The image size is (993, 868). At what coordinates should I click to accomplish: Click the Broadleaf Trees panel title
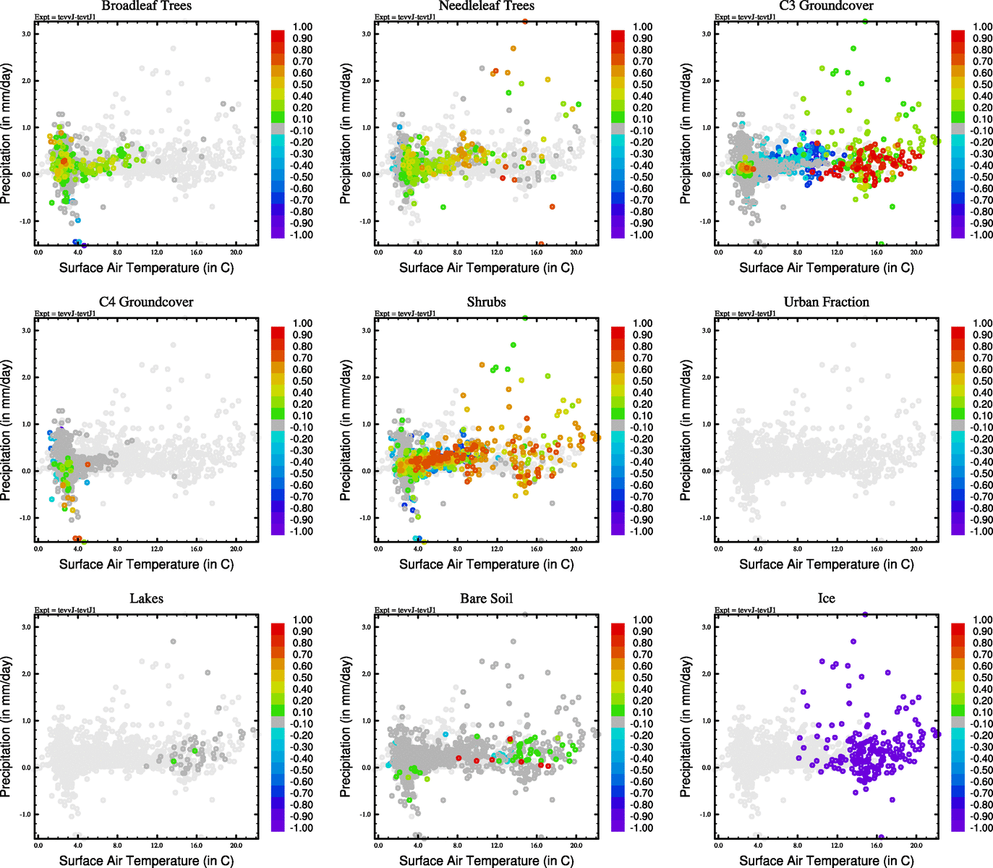pos(146,6)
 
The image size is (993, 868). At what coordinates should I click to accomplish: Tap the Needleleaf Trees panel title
pos(486,6)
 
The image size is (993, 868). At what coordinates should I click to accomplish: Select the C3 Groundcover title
pos(826,6)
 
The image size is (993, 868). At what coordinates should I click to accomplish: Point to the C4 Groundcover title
pos(146,302)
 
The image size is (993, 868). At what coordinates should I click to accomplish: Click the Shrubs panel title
pos(486,302)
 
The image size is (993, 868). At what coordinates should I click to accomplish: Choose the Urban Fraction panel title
pos(826,302)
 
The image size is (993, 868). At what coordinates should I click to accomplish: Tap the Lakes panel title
pos(146,599)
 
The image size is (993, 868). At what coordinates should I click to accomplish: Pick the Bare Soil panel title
pos(486,599)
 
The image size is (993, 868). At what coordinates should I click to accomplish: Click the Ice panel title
pos(826,599)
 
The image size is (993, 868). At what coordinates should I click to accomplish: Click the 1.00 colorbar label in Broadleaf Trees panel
pos(302,27)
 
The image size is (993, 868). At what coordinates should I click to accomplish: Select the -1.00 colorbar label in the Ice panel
pos(981,828)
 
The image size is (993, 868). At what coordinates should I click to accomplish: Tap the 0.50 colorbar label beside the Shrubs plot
pos(642,381)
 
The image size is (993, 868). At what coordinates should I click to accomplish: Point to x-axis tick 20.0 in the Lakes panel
pos(236,845)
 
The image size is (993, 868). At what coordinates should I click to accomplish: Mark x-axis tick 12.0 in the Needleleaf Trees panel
pos(497,252)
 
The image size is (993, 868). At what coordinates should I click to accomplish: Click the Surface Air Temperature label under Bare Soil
pos(486,861)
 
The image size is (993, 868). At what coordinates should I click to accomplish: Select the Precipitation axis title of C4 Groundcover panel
pos(7,430)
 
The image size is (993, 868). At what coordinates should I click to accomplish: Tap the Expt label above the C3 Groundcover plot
pos(745,17)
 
